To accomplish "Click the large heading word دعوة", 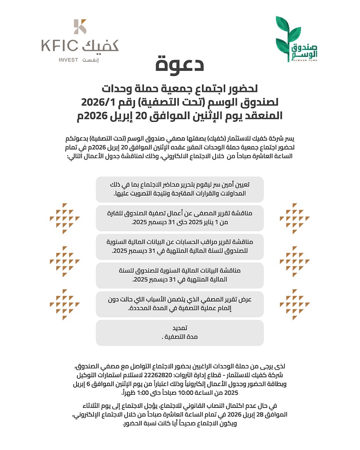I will [180, 65].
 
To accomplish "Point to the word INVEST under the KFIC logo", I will [67, 60].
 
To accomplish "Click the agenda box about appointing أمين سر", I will [180, 189].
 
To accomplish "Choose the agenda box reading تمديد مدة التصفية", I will [180, 332].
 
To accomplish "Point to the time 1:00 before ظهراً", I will [134, 392].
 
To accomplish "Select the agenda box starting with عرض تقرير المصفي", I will [180, 304].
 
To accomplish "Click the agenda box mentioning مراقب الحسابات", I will [180, 246].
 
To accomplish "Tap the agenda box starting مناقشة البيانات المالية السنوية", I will [180, 275].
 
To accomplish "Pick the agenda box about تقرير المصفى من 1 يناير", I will [180, 218].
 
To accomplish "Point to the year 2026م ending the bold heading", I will [95, 115].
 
